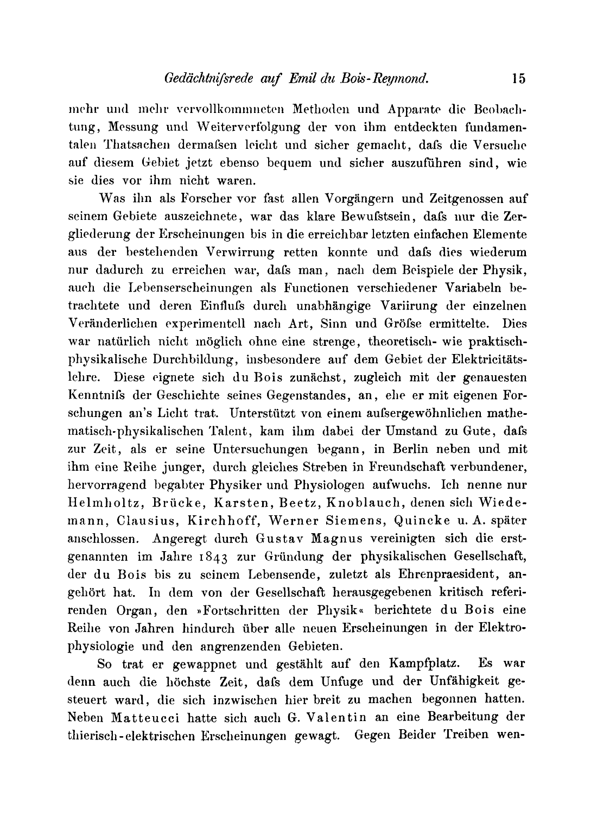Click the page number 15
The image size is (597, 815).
518,79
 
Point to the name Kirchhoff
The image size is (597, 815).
227,520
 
